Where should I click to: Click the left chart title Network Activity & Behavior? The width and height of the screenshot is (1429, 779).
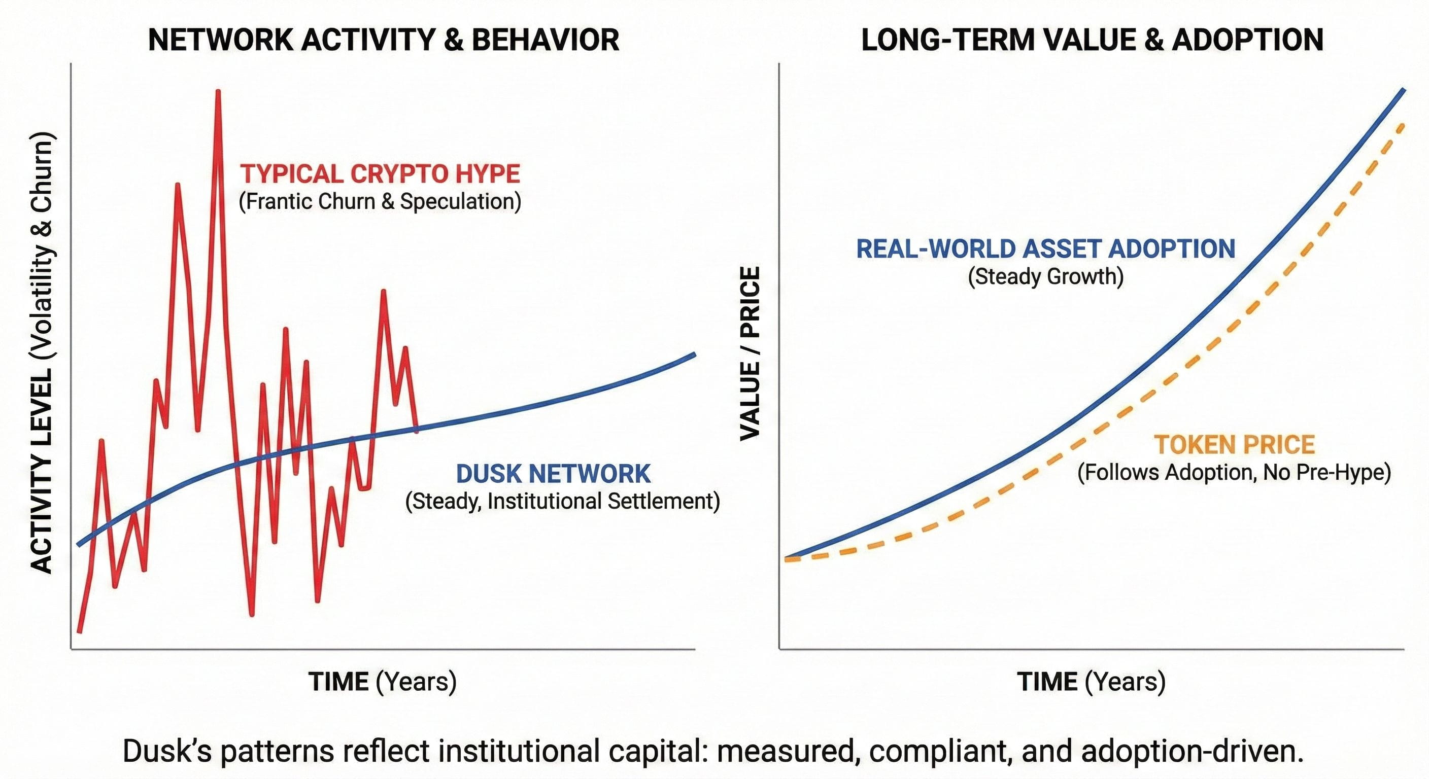click(x=383, y=40)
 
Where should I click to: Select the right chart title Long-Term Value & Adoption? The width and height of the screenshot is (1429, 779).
click(x=1092, y=40)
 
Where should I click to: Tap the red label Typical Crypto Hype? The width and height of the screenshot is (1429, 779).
click(x=380, y=174)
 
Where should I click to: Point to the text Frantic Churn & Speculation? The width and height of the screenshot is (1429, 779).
click(x=380, y=201)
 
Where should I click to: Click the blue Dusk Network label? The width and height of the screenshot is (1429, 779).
click(x=553, y=474)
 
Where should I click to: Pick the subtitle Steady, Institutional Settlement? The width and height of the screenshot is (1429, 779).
click(x=562, y=501)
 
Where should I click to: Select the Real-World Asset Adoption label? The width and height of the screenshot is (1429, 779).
click(x=1046, y=249)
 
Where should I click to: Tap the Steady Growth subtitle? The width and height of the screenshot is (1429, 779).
click(x=1046, y=276)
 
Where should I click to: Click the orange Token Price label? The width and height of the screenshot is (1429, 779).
click(x=1234, y=445)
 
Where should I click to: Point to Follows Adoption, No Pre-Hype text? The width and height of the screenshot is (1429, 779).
click(x=1234, y=472)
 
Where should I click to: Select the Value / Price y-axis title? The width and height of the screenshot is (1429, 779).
click(x=750, y=353)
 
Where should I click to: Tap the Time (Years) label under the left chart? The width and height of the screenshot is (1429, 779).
click(x=383, y=682)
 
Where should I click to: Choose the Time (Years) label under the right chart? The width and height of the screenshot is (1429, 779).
click(x=1091, y=682)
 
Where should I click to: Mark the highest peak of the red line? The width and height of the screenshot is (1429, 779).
click(x=218, y=91)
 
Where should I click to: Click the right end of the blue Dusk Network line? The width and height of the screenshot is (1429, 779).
click(x=694, y=353)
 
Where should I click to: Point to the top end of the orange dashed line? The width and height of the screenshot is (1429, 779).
click(x=1403, y=125)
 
